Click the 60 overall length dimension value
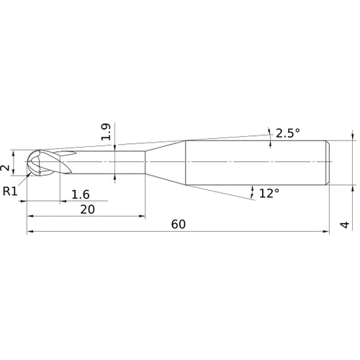pos(179,224)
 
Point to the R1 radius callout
pos(10,191)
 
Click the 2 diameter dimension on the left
pos(6,167)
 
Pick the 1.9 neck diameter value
pos(106,132)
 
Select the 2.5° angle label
pos(286,132)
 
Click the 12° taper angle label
pos(269,193)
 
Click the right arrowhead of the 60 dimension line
pos(327,232)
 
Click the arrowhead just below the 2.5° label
pos(270,142)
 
